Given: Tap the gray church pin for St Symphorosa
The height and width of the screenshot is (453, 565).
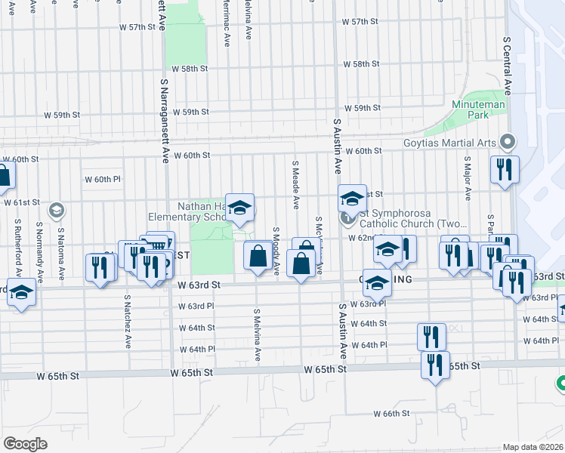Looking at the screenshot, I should (x=348, y=218).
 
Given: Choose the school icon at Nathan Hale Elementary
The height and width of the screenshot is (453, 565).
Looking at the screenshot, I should (x=239, y=208).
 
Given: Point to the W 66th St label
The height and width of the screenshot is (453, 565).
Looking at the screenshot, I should (x=391, y=414).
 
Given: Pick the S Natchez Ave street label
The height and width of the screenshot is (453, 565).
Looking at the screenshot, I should (x=127, y=320).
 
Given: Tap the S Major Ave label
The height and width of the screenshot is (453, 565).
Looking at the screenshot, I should (x=468, y=179).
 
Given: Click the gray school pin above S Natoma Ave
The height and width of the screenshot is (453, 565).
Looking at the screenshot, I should (x=56, y=210).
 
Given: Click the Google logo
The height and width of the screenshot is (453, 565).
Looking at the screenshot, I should (x=26, y=443).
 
